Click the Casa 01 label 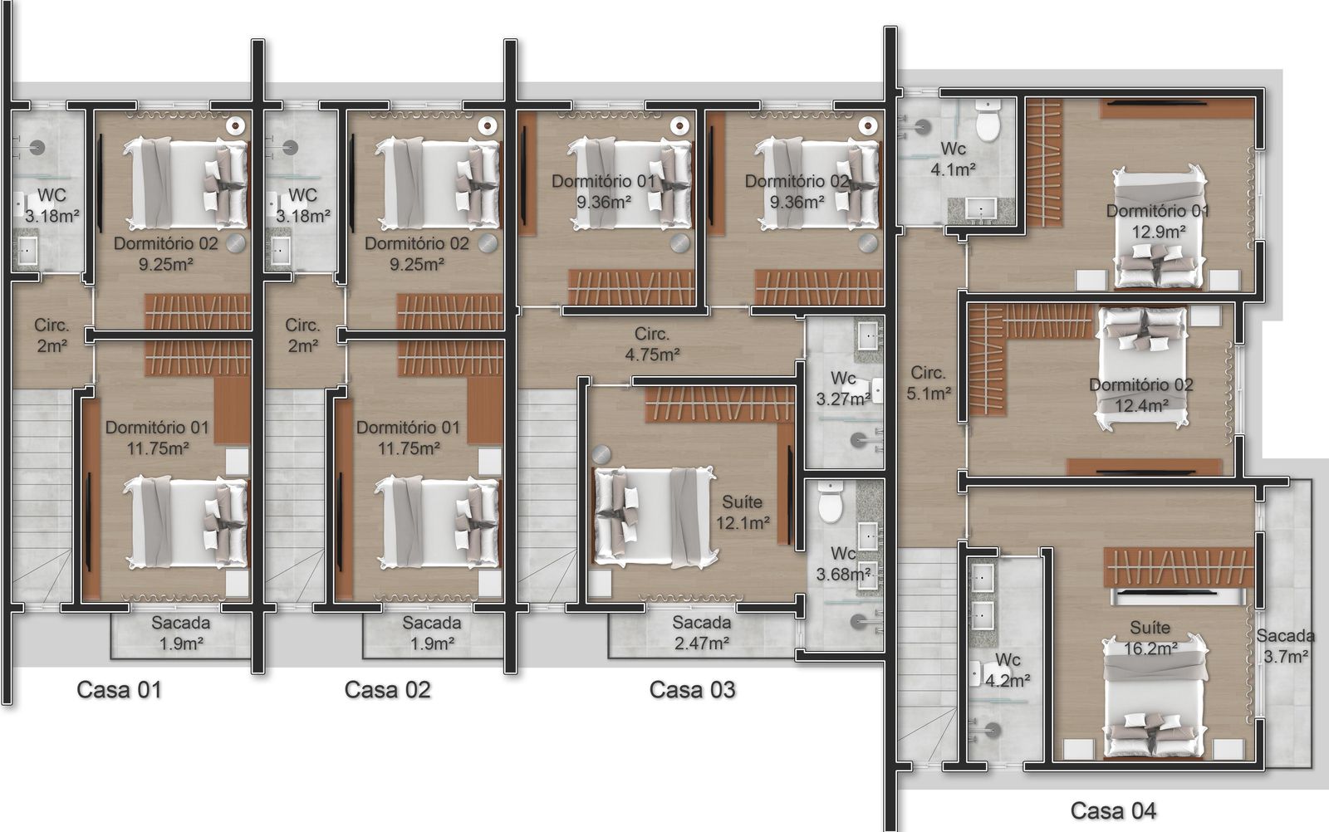pos(120,690)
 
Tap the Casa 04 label pos(1113,810)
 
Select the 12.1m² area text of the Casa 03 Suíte pos(743,523)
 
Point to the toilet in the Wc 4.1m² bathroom pos(988,120)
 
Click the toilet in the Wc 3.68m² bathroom pos(831,502)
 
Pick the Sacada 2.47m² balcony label pos(701,633)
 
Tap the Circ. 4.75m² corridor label pos(652,344)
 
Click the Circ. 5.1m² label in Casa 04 pos(929,383)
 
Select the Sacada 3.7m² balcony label pos(1285,646)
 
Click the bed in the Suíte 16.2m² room pos(1155,697)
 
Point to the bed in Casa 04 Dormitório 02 pos(1143,368)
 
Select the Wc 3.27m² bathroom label pos(843,389)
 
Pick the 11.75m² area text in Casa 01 pos(158,448)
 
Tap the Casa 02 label pos(387,690)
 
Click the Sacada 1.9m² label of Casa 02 pos(432,633)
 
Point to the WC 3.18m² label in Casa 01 pos(52,205)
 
